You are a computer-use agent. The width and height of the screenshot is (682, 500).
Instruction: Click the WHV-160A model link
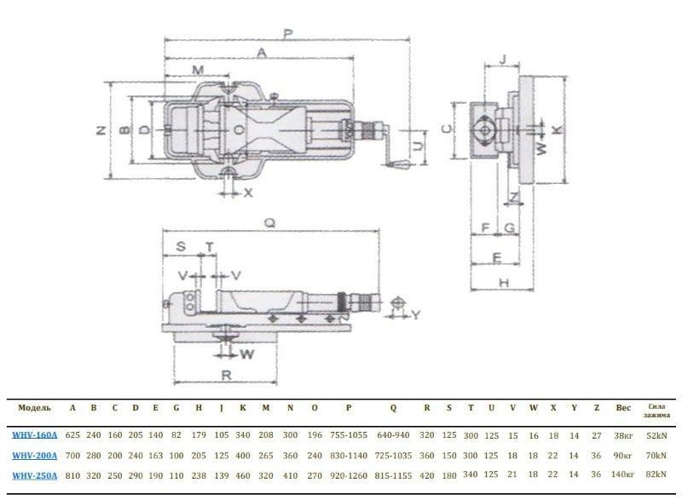(35, 434)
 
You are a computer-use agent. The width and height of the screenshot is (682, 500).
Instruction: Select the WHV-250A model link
(35, 474)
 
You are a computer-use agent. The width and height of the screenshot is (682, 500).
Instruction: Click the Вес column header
(623, 408)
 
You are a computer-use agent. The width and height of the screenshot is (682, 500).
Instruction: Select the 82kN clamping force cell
(656, 474)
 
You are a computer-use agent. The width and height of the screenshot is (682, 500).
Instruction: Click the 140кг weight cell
(623, 474)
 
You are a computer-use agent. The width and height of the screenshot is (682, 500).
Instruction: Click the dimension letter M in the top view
(198, 69)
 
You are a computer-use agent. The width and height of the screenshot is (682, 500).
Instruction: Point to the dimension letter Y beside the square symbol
(416, 314)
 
